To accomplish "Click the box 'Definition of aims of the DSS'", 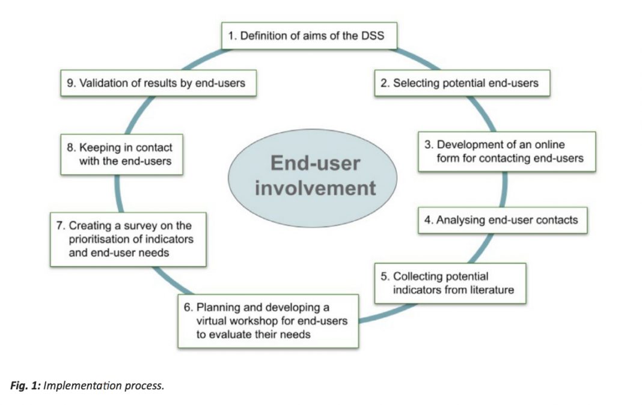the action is pyautogui.click(x=309, y=36).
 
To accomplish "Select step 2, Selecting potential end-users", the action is pyautogui.click(x=462, y=83).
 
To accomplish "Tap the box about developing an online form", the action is pyautogui.click(x=507, y=151).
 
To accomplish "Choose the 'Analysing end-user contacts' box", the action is pyautogui.click(x=503, y=220).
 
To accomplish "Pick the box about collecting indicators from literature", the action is pyautogui.click(x=450, y=283).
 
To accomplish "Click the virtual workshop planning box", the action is pyautogui.click(x=268, y=321).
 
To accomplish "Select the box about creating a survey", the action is pyautogui.click(x=128, y=239).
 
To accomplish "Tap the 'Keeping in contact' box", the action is pyautogui.click(x=121, y=154).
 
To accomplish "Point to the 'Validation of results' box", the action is pyautogui.click(x=159, y=83).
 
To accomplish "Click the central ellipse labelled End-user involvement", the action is pyautogui.click(x=313, y=178).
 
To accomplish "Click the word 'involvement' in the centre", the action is pyautogui.click(x=315, y=188).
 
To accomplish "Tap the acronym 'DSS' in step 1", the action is pyautogui.click(x=373, y=36).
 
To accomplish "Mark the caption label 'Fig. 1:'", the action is pyautogui.click(x=25, y=386).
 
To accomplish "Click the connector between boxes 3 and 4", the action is pyautogui.click(x=504, y=189).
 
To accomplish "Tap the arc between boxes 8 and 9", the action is pyautogui.click(x=138, y=115).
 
